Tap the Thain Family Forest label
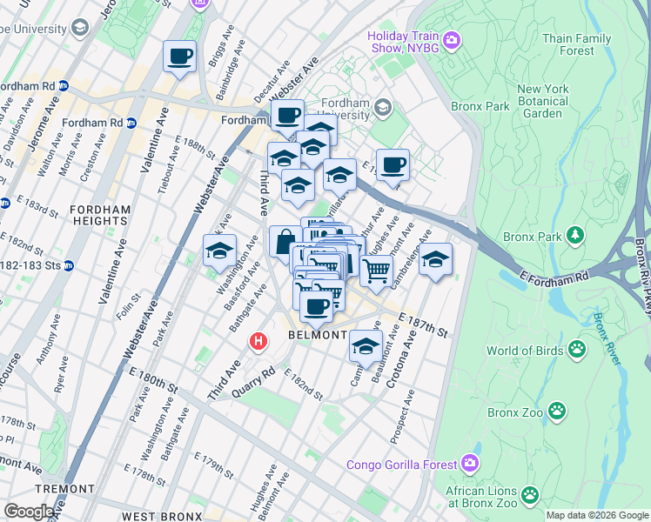click(x=576, y=44)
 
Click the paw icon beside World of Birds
click(x=577, y=350)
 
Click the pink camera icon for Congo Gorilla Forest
click(x=471, y=463)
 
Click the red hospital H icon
click(x=258, y=342)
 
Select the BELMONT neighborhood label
click(x=319, y=336)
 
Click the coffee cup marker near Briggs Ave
click(x=180, y=57)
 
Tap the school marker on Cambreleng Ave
click(x=435, y=260)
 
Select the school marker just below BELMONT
click(x=366, y=347)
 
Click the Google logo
click(x=29, y=512)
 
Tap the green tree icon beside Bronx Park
click(x=574, y=235)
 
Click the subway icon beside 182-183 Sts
click(x=68, y=264)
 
